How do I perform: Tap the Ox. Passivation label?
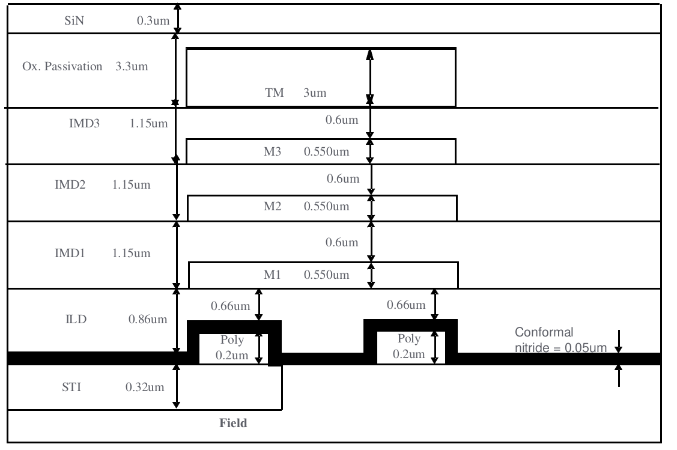point(62,66)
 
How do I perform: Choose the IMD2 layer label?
point(70,184)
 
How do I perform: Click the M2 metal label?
point(273,207)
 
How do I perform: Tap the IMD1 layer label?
point(70,253)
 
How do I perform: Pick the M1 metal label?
point(273,275)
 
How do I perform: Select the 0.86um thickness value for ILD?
point(148,319)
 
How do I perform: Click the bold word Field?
point(233,424)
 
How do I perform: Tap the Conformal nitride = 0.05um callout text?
point(559,340)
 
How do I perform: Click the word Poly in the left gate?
point(232,340)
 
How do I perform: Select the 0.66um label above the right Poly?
point(407,305)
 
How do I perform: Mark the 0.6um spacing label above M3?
point(342,120)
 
